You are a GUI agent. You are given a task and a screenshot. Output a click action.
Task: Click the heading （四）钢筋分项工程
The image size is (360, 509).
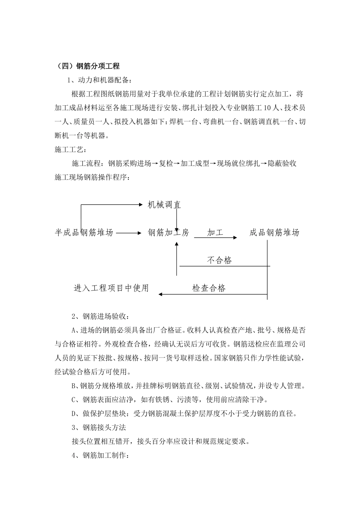pyautogui.click(x=88, y=66)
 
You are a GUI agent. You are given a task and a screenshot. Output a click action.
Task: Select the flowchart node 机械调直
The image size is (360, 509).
pyautogui.click(x=164, y=205)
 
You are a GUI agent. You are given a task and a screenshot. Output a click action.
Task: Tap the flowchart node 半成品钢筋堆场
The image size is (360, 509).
pyautogui.click(x=84, y=233)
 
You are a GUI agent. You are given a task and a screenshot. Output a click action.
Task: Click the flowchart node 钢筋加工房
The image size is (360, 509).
pyautogui.click(x=168, y=233)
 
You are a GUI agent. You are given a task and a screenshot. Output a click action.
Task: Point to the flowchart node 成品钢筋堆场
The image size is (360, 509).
pyautogui.click(x=274, y=233)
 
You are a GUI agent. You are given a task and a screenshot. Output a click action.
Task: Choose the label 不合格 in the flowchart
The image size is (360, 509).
pyautogui.click(x=219, y=260)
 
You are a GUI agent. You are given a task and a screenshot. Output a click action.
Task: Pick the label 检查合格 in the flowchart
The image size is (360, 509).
pyautogui.click(x=209, y=288)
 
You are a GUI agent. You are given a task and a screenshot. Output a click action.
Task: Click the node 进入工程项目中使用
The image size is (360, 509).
pyautogui.click(x=111, y=288)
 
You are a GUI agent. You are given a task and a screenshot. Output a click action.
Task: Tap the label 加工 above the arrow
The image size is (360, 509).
pyautogui.click(x=215, y=233)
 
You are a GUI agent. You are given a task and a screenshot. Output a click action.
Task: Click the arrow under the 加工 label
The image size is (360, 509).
pyautogui.click(x=216, y=237)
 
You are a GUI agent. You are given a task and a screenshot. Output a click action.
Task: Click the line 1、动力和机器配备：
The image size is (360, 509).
pyautogui.click(x=100, y=80)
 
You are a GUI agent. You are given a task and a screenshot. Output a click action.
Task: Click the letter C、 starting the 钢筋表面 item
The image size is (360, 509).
pyautogui.click(x=76, y=400)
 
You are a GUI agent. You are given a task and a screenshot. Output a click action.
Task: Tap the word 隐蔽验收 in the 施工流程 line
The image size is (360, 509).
pyautogui.click(x=282, y=164)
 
